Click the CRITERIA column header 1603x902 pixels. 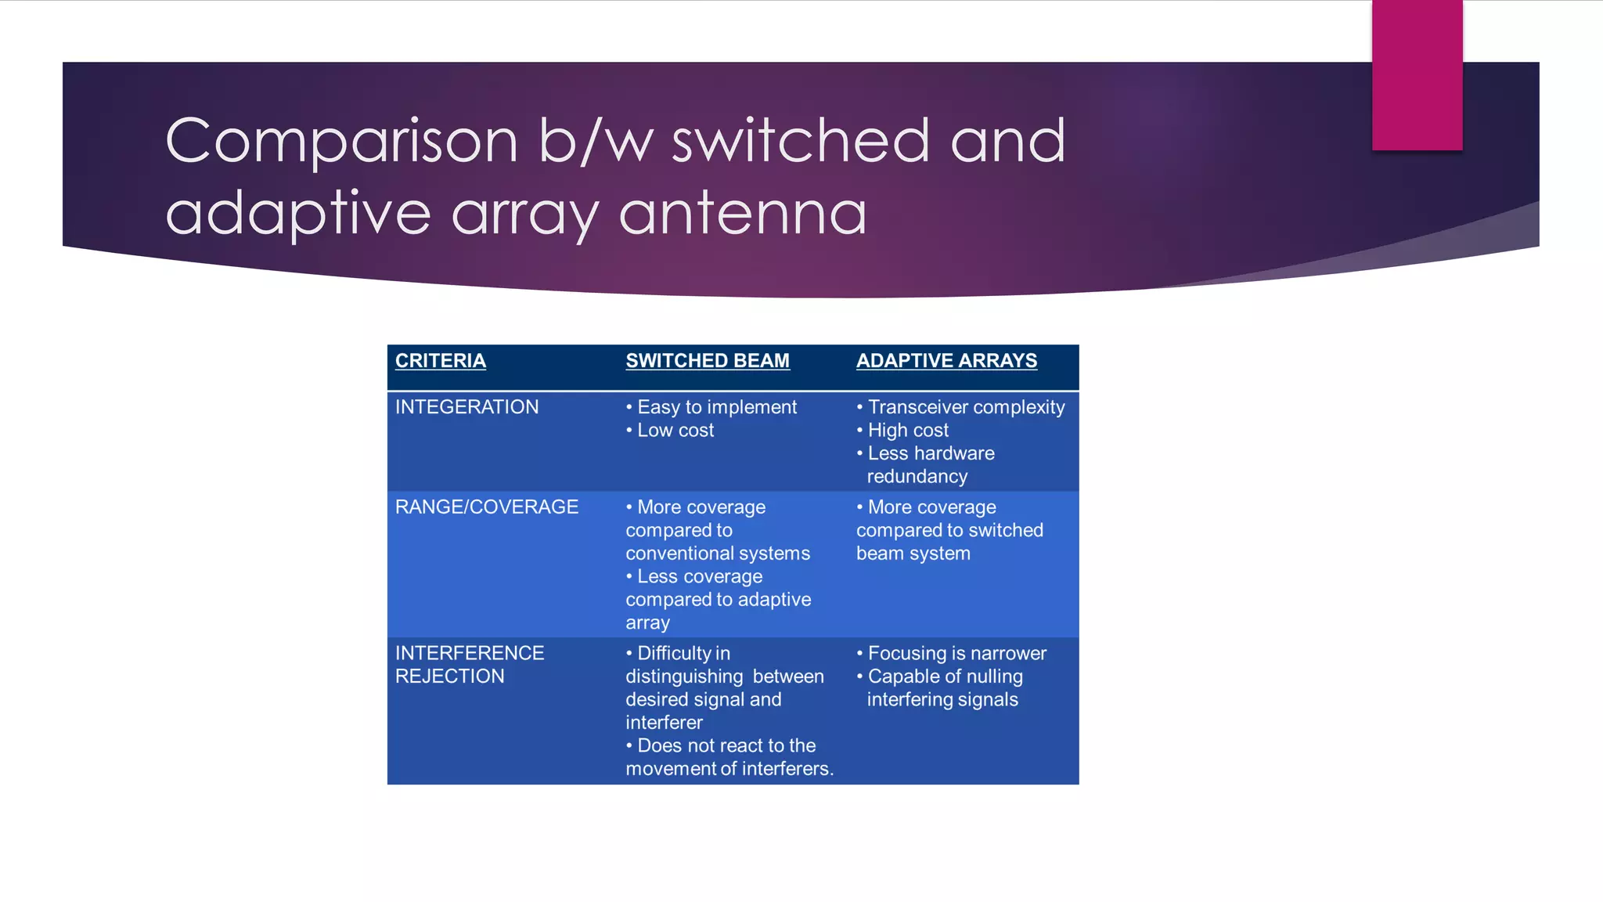click(440, 361)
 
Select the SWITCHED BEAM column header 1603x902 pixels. click(707, 361)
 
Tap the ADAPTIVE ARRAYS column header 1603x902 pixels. click(946, 361)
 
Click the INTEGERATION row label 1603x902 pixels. click(466, 407)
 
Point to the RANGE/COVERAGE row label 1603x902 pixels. click(486, 507)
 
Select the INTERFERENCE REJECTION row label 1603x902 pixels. click(469, 665)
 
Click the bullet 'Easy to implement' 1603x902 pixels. click(716, 407)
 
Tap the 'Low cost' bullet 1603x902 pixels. click(675, 431)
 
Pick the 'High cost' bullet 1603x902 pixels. click(907, 431)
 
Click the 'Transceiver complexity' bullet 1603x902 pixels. click(966, 407)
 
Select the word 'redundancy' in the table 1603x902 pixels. click(917, 477)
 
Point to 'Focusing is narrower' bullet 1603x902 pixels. click(956, 654)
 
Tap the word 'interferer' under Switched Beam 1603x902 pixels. click(664, 723)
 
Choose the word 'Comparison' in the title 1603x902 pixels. click(341, 141)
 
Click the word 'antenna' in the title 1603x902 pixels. click(743, 213)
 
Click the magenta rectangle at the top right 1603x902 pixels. click(1417, 74)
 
